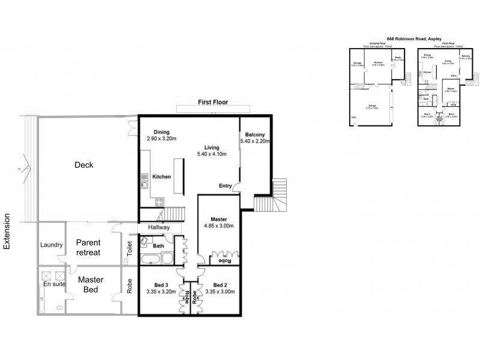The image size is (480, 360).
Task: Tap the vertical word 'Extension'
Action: [x=8, y=231]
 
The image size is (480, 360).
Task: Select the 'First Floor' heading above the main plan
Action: [x=213, y=103]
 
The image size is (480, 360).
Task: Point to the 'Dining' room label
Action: [x=161, y=133]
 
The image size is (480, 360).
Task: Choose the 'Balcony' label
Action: [x=254, y=134]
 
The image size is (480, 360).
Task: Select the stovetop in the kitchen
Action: [x=145, y=179]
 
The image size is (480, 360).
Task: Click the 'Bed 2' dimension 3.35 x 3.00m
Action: [x=220, y=292]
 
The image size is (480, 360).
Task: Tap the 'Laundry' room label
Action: [x=51, y=245]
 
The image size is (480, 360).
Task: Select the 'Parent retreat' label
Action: [x=88, y=247]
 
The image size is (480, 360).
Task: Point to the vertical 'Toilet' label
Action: [x=130, y=250]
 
